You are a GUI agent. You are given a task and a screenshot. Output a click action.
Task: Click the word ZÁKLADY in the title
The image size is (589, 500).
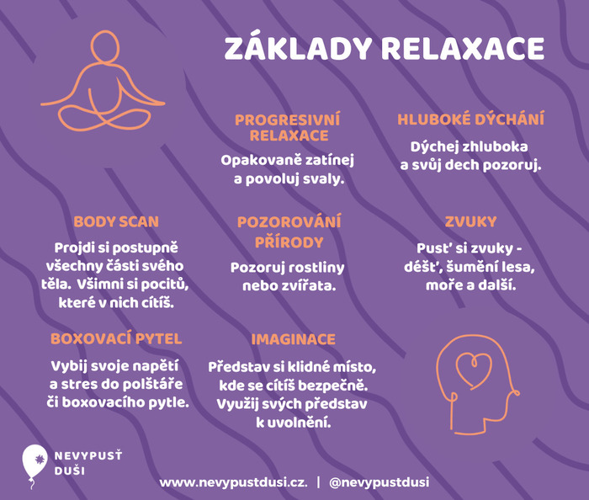click(298, 48)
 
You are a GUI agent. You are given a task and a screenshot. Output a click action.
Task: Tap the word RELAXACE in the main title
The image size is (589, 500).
click(463, 49)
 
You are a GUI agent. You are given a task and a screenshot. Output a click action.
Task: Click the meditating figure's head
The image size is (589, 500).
click(105, 45)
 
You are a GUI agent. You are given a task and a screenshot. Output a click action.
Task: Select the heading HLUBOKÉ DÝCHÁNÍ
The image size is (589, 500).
click(470, 119)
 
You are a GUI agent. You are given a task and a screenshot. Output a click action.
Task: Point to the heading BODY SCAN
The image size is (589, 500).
click(116, 221)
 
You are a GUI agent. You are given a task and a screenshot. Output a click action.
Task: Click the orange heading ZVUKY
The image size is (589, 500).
click(470, 221)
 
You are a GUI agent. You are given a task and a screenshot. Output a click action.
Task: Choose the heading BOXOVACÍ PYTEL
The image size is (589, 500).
click(116, 339)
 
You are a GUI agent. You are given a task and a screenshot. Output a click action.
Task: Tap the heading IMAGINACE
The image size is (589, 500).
click(293, 339)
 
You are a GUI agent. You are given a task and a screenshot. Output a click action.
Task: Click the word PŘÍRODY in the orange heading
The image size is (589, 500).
click(289, 242)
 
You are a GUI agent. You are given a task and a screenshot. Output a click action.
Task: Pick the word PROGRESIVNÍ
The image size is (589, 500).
click(288, 120)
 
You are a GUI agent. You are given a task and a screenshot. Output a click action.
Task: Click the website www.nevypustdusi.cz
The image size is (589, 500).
click(233, 482)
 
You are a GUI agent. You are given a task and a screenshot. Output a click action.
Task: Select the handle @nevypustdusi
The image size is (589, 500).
click(379, 482)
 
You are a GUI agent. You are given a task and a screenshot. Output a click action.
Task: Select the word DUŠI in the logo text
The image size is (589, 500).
click(70, 471)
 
